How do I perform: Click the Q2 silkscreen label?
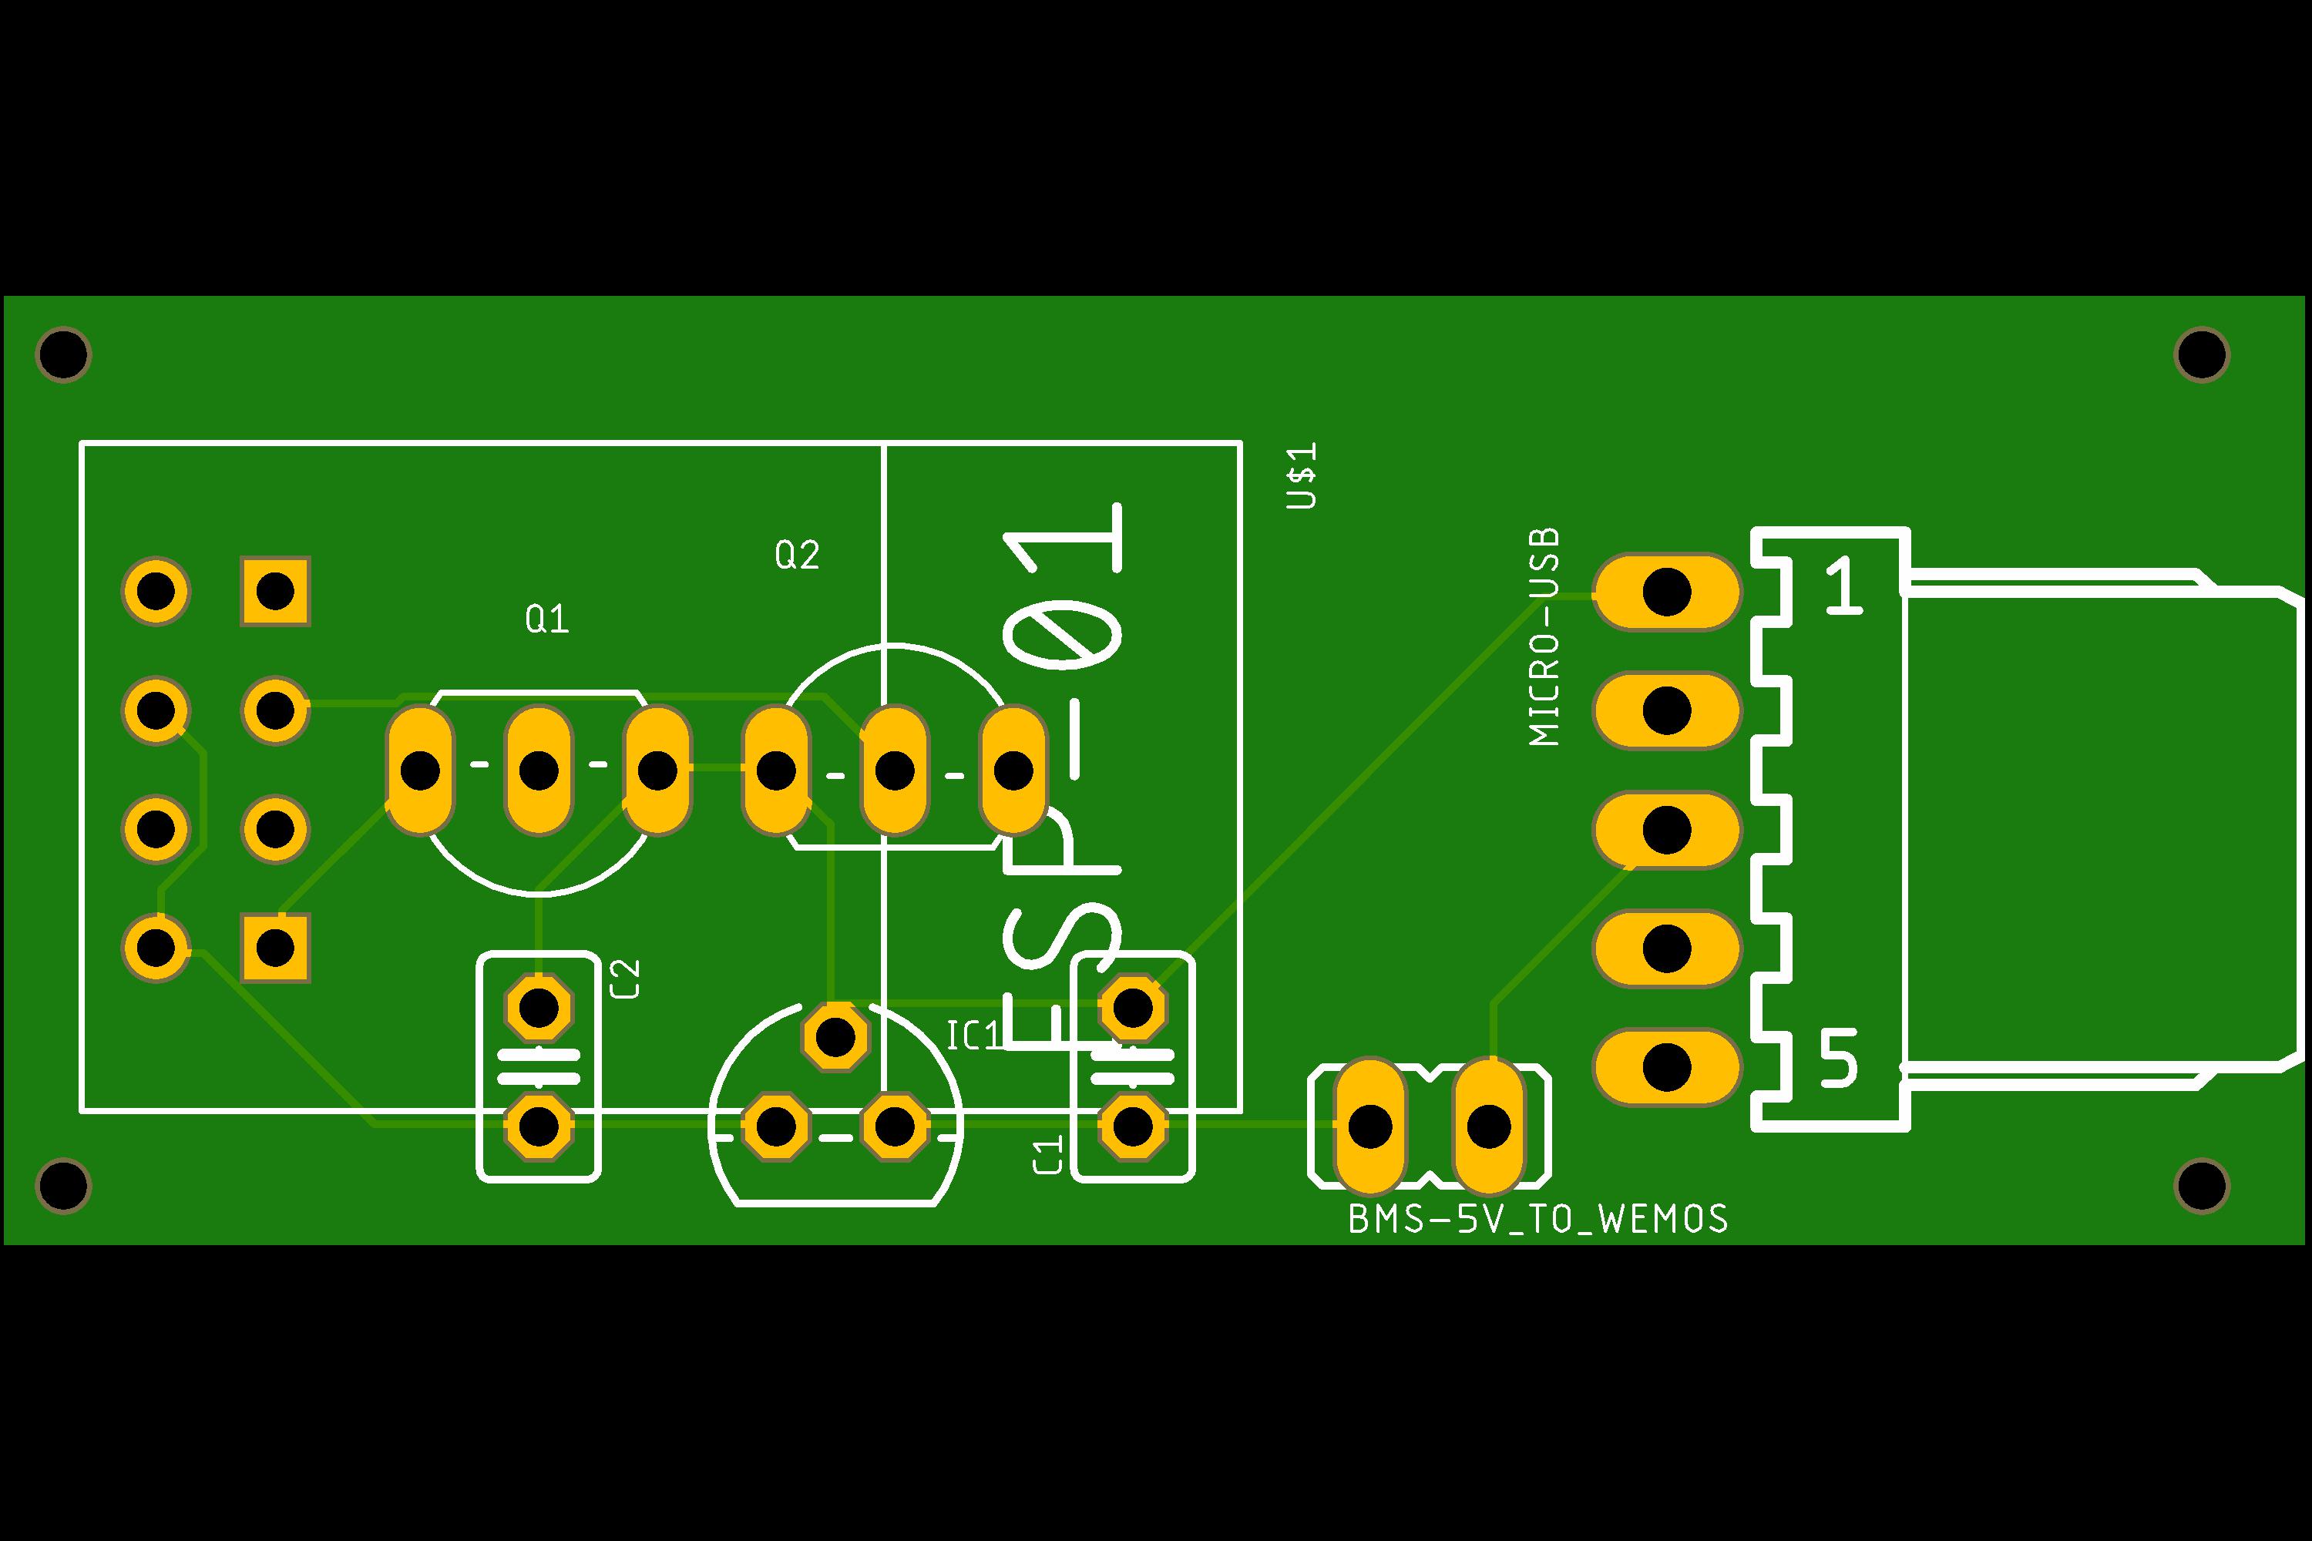796,556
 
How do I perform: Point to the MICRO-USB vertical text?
1544,637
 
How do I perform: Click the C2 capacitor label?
625,979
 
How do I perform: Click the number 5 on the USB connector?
1838,1059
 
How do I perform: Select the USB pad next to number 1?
1666,592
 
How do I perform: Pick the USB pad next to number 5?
1666,1067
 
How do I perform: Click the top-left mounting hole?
63,354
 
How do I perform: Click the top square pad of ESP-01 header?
275,592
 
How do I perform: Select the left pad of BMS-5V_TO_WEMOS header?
1369,1126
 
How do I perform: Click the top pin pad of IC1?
835,1036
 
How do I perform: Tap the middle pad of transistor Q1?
539,770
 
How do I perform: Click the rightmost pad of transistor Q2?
1013,770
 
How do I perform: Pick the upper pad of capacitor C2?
539,1007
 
